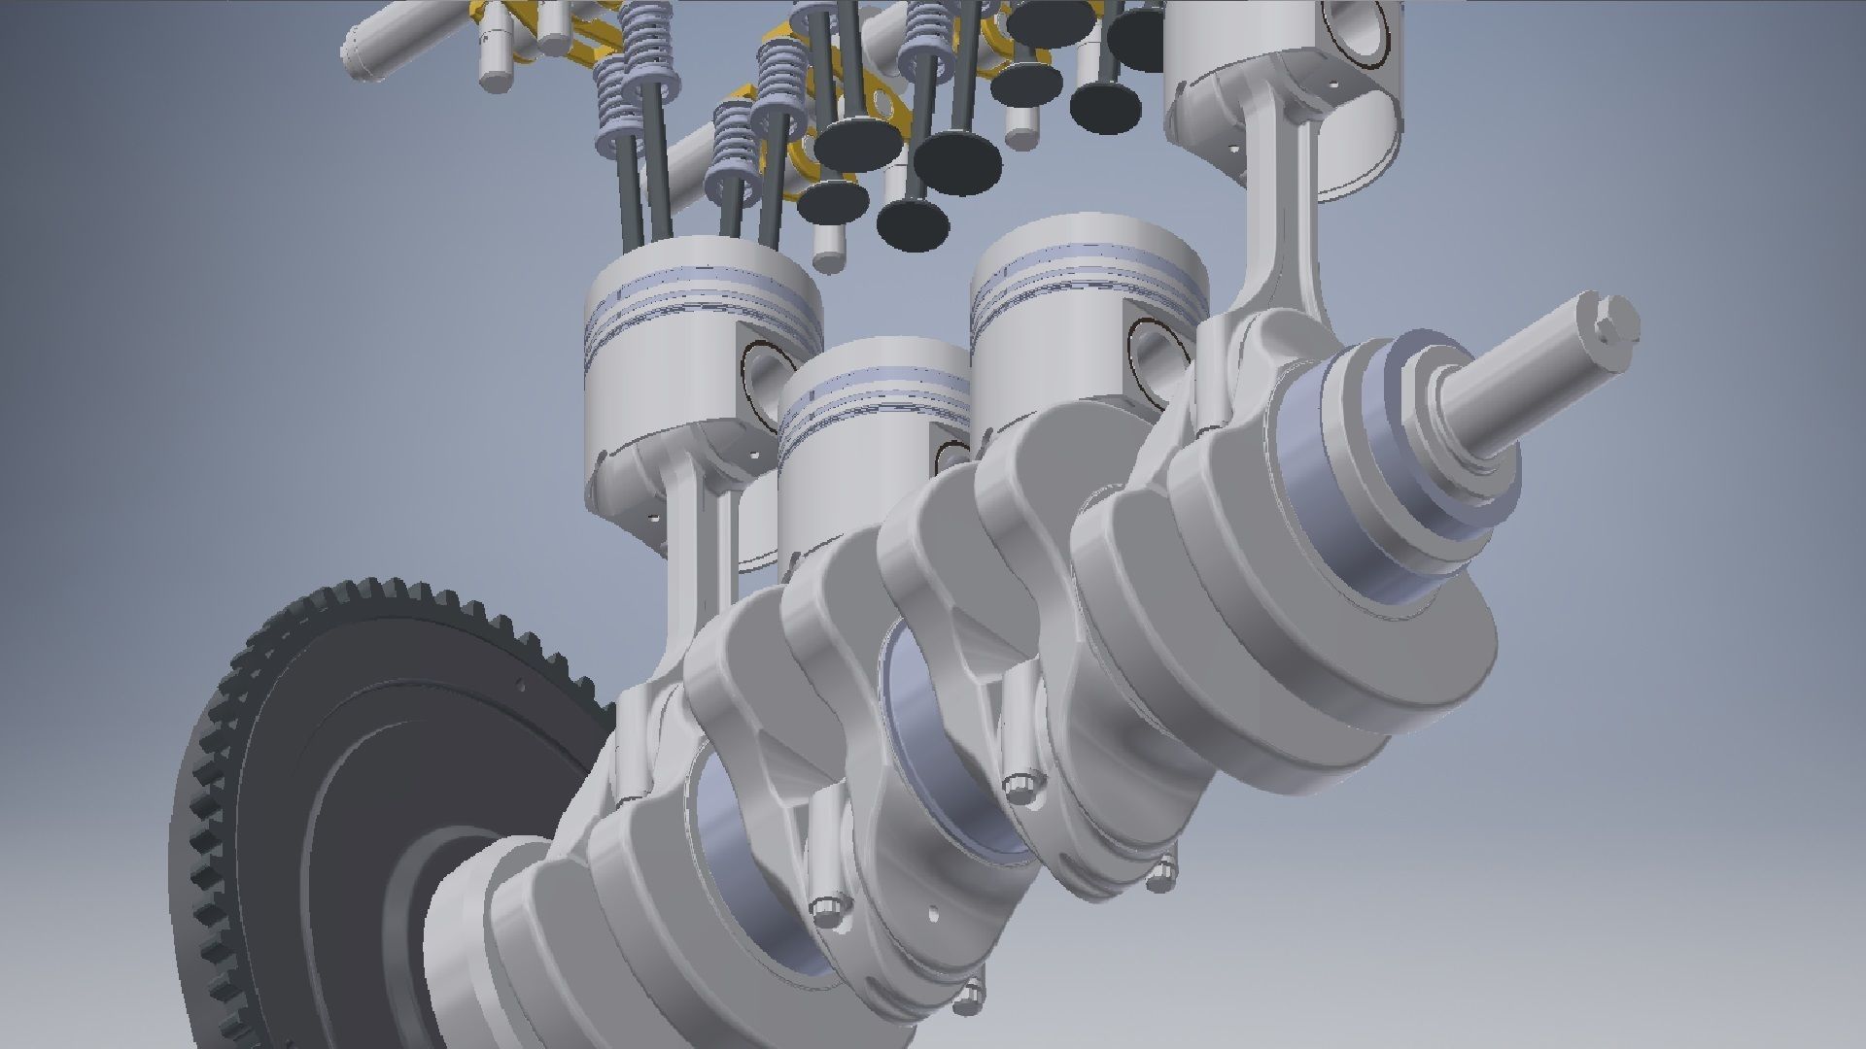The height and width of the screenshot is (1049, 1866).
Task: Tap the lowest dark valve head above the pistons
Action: tap(913, 223)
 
